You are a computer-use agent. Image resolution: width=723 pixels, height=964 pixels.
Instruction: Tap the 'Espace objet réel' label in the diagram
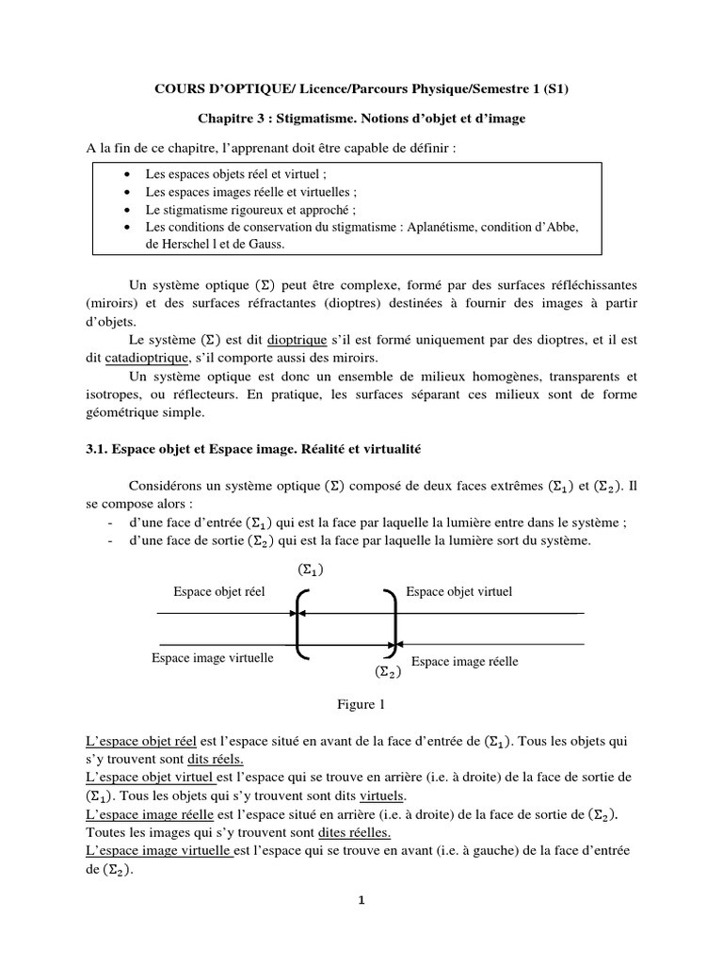click(219, 591)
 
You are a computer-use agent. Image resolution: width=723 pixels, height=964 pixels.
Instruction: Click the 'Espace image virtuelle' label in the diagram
click(213, 658)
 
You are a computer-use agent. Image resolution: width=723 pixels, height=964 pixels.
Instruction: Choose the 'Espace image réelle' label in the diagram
click(465, 662)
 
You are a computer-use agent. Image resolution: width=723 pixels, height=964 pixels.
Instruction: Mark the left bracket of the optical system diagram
click(300, 622)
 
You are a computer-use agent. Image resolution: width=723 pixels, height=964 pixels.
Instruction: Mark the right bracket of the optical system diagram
click(393, 622)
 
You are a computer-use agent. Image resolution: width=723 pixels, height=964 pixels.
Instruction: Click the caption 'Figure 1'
click(361, 703)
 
